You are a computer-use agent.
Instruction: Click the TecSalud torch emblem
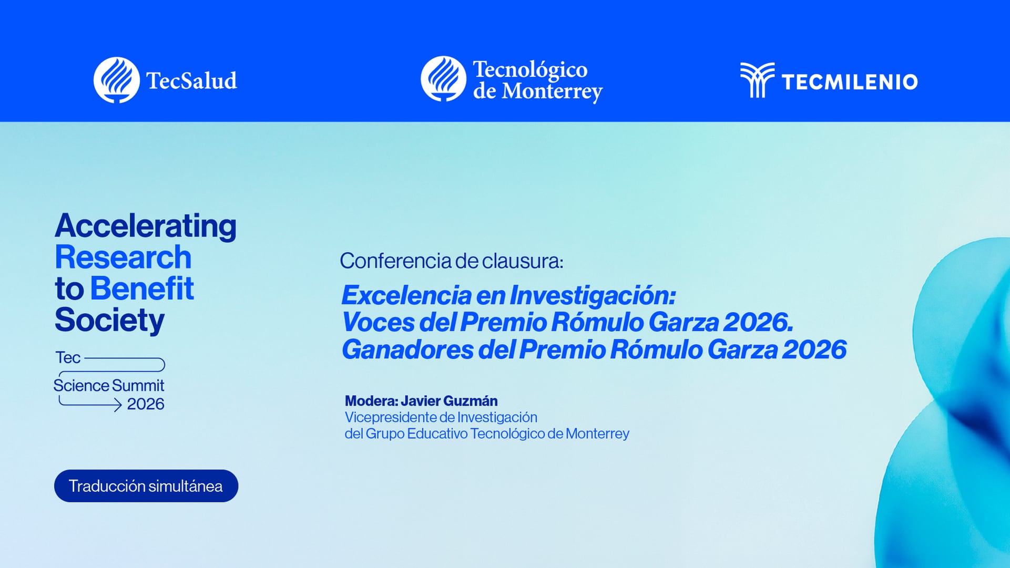[x=116, y=80]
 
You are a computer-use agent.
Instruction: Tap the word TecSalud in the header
[x=191, y=81]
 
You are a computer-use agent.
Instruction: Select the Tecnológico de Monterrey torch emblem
[x=443, y=79]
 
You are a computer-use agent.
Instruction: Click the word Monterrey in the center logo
[x=552, y=92]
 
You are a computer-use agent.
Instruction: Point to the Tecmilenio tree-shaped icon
[x=757, y=80]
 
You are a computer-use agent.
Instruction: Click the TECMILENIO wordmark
[x=849, y=82]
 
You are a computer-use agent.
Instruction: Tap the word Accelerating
[x=146, y=226]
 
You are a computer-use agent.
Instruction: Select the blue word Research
[x=123, y=257]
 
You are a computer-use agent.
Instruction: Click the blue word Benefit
[x=142, y=288]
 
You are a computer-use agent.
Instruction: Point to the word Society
[x=109, y=320]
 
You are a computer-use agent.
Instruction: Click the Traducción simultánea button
[x=146, y=486]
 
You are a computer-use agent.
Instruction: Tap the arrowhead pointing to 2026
[x=117, y=405]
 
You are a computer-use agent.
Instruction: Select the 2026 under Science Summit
[x=146, y=404]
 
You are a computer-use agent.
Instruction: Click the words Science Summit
[x=109, y=386]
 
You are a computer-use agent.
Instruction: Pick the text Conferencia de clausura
[x=451, y=261]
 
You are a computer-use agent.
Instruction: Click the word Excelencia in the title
[x=406, y=295]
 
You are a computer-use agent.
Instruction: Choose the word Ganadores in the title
[x=407, y=350]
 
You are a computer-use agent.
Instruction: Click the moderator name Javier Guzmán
[x=448, y=401]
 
